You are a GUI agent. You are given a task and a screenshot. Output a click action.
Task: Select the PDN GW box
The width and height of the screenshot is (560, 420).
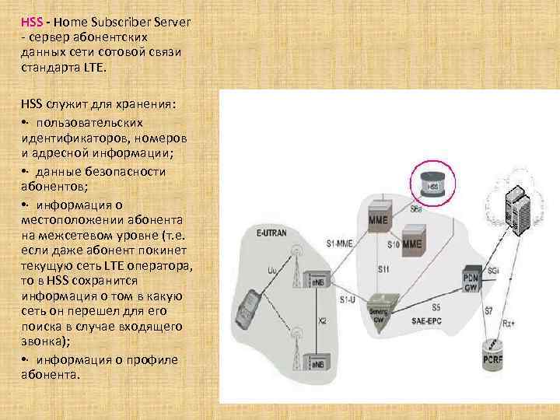point(471,279)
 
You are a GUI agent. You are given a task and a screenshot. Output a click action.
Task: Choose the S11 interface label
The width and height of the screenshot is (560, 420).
point(383,269)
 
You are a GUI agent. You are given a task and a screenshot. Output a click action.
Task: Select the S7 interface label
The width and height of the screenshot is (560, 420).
point(488,311)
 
